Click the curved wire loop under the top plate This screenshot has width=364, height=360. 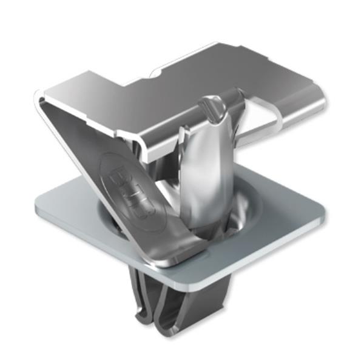pos(267,130)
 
